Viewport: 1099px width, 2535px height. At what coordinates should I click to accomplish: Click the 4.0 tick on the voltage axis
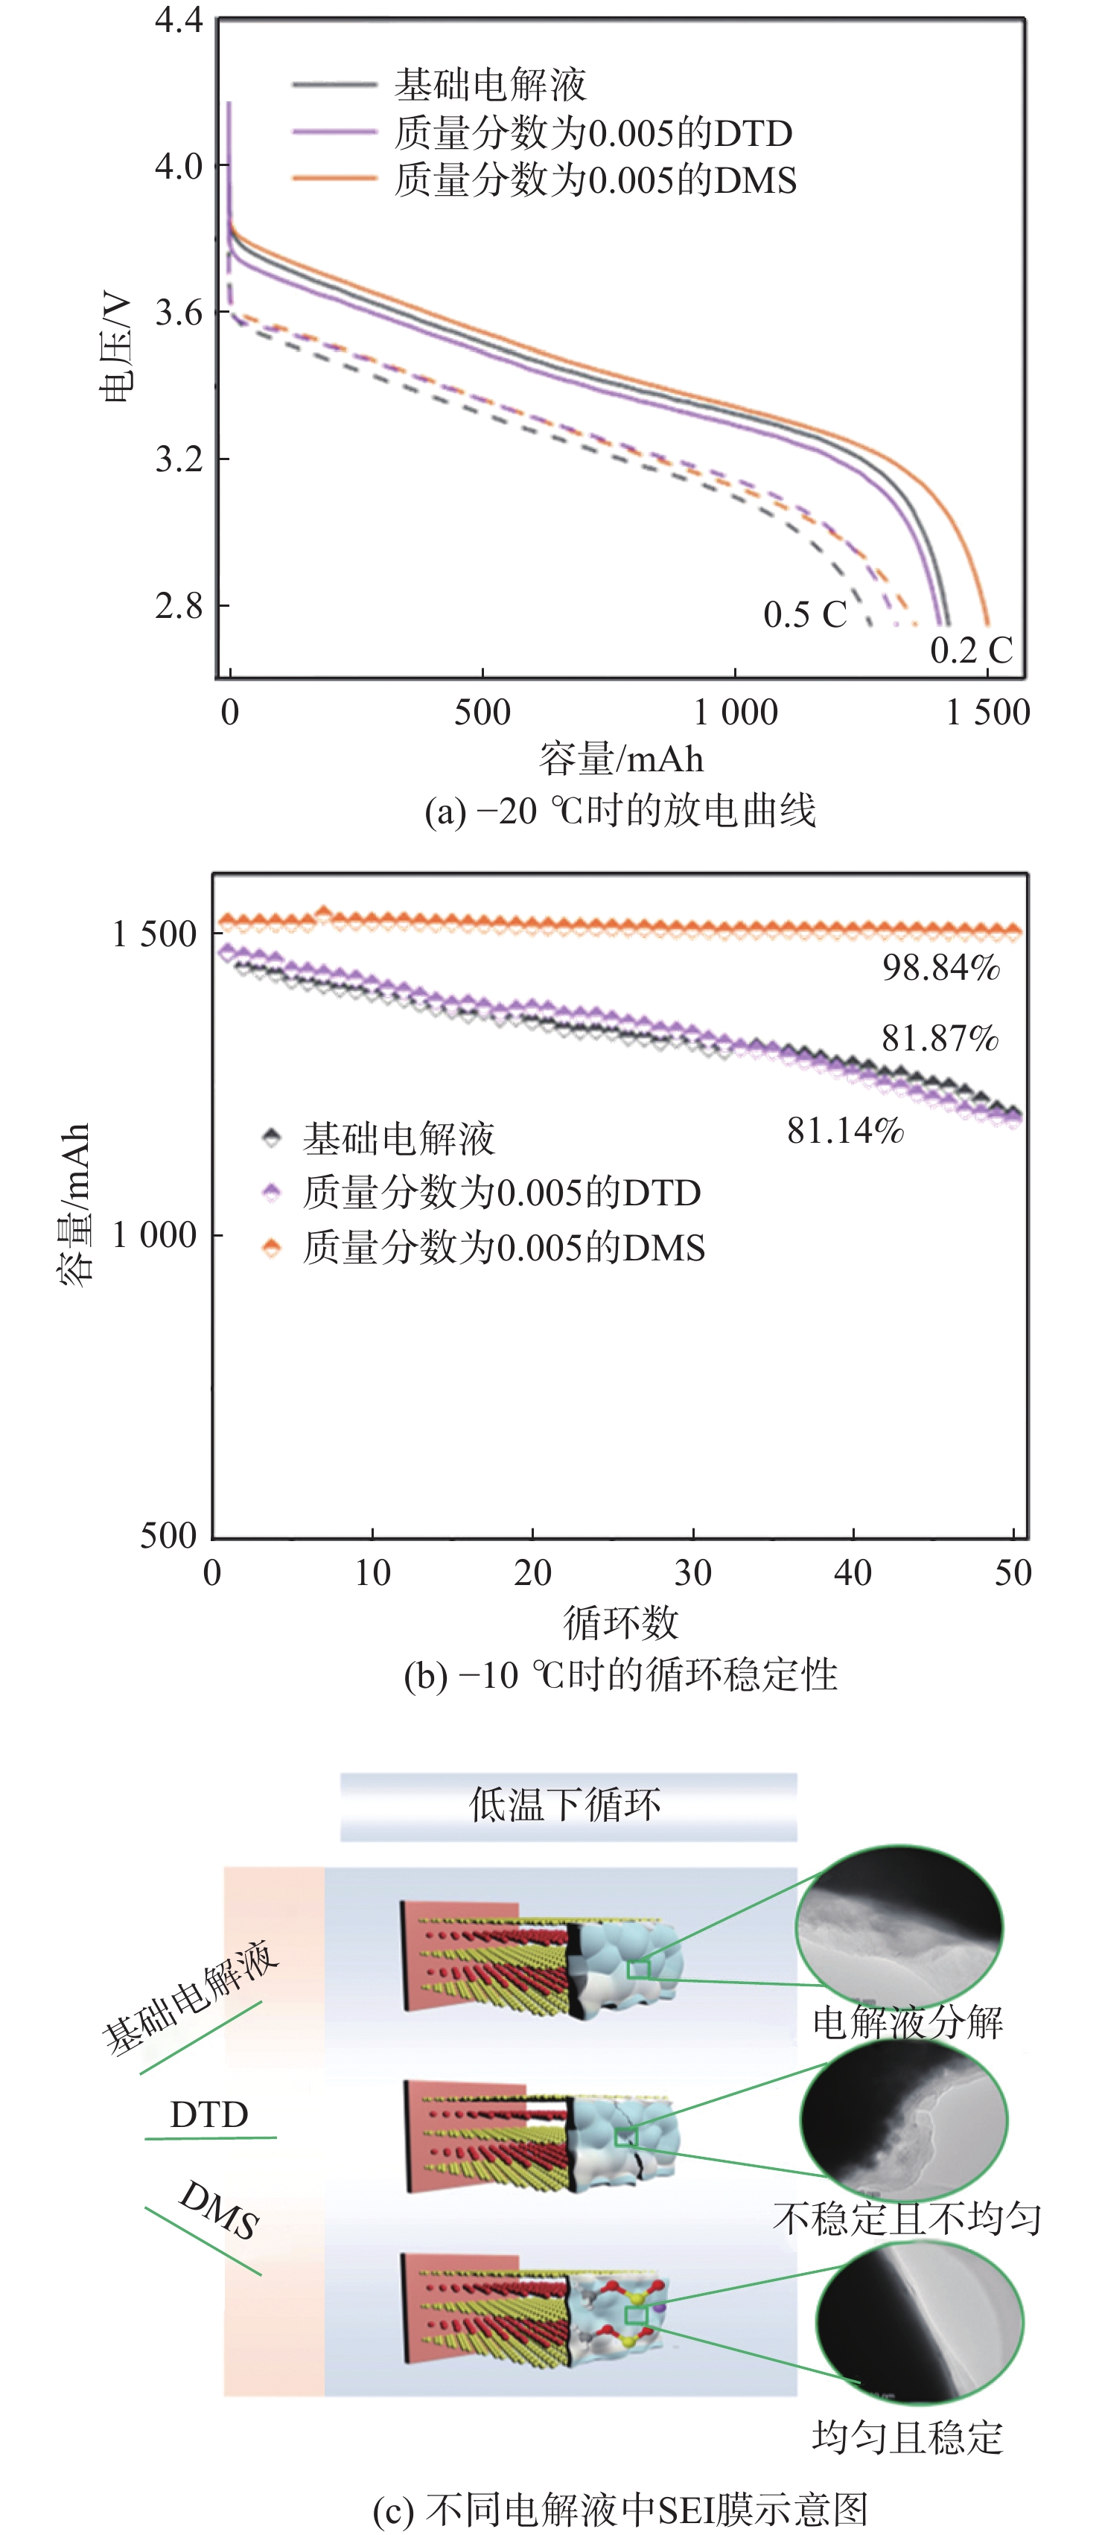point(178,165)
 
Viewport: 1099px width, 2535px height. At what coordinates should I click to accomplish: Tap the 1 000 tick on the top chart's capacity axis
point(736,712)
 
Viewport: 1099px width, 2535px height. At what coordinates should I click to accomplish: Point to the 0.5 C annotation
point(805,614)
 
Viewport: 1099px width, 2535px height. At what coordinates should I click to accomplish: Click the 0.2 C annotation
point(971,649)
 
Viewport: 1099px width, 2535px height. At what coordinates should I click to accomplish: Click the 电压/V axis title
point(116,345)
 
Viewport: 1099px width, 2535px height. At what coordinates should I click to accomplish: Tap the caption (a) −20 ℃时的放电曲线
point(619,811)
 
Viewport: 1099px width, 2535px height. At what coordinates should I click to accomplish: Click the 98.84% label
point(940,969)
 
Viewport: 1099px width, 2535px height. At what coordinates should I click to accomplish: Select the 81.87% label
point(940,1039)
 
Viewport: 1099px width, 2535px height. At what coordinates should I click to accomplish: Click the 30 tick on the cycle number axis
point(692,1572)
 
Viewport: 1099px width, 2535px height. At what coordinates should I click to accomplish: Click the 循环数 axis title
point(621,1622)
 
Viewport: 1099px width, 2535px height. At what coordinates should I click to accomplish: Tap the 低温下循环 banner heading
point(566,1804)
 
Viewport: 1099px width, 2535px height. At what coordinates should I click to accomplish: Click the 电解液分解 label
point(907,2022)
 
